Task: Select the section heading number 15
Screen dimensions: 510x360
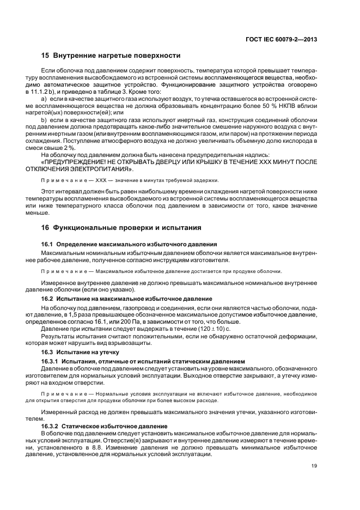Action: [x=45, y=56]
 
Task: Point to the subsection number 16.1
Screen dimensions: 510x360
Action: [x=48, y=244]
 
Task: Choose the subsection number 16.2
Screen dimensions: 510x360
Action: [x=48, y=299]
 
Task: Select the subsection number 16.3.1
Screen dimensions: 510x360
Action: [x=50, y=361]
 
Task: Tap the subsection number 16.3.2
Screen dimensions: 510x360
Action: [x=50, y=426]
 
